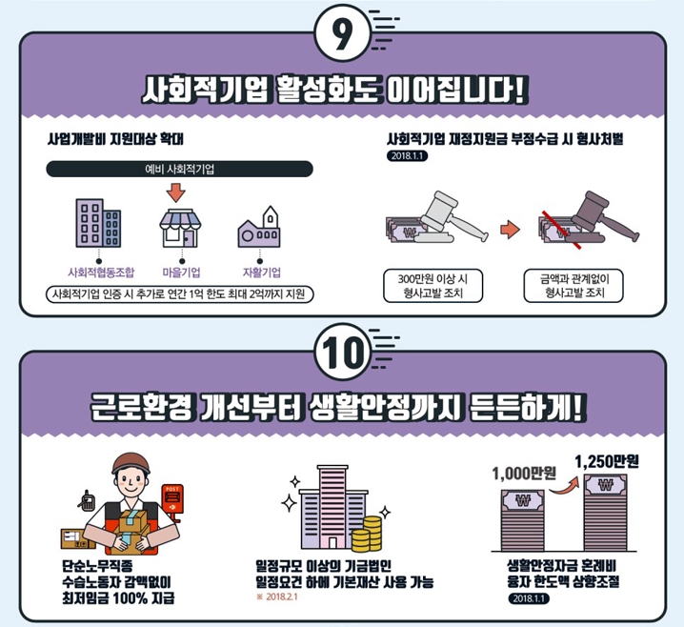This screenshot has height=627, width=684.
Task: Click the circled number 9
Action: [342, 33]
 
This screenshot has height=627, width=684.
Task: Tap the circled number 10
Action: [342, 352]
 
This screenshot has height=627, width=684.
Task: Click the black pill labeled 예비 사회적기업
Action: [179, 170]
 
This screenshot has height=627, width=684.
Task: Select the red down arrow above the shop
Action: [176, 192]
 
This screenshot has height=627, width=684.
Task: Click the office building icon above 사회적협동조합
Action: [98, 223]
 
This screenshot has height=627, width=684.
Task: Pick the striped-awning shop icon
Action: [180, 228]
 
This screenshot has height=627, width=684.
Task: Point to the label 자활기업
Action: [262, 273]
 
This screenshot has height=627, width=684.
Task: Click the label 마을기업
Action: [181, 273]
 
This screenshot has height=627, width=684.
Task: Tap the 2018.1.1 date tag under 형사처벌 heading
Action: [407, 155]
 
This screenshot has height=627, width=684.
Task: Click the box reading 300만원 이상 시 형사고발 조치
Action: [433, 286]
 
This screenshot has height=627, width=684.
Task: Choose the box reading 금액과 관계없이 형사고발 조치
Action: [573, 286]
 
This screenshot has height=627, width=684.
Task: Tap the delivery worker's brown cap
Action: [131, 463]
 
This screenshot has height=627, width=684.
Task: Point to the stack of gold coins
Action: [367, 534]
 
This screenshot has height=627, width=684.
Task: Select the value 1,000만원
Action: [523, 473]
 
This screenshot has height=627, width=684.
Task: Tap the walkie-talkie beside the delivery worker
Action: [87, 501]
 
